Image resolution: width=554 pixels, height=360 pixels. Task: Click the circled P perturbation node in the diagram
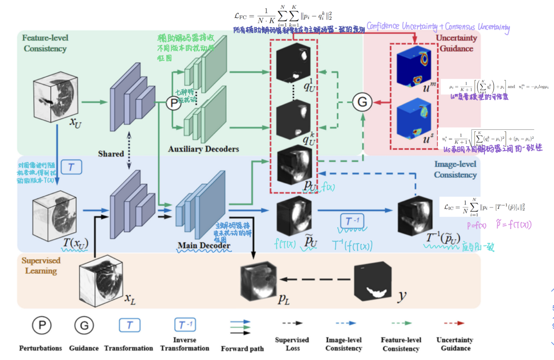click(x=173, y=103)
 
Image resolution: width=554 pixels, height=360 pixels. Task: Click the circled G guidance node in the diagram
click(x=362, y=102)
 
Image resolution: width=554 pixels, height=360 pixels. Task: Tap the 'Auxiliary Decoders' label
click(x=203, y=149)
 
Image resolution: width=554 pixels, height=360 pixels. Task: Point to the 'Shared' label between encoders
click(x=111, y=154)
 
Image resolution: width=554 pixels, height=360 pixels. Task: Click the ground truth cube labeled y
click(x=374, y=282)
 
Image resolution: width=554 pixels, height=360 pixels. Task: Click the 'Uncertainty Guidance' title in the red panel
click(x=456, y=43)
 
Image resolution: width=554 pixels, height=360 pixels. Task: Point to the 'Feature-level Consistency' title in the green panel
click(x=45, y=42)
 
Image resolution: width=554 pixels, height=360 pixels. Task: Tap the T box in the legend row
click(x=129, y=324)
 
